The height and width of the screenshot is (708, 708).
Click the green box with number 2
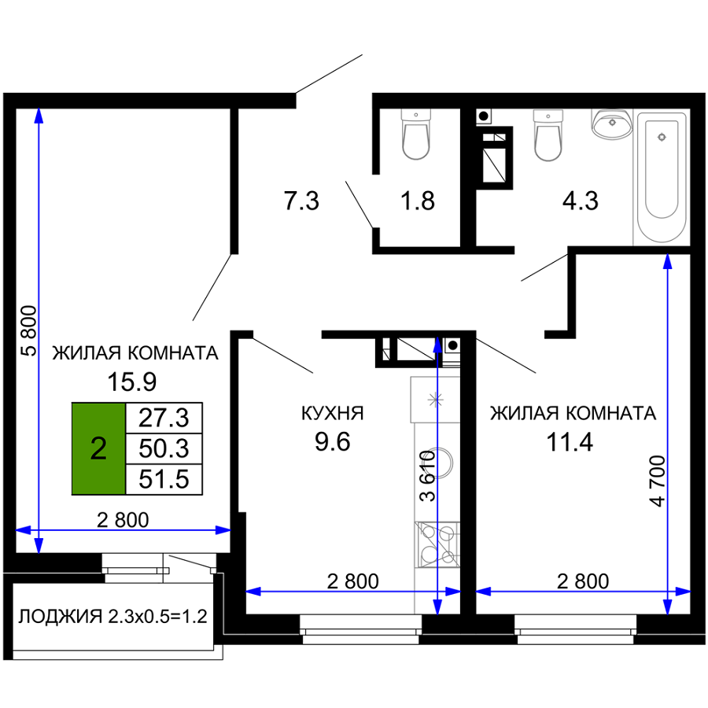[x=98, y=449]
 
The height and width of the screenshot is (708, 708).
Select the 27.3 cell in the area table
[x=164, y=419]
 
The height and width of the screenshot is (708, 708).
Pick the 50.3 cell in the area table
[x=164, y=449]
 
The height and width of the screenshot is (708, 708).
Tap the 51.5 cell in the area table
[x=164, y=480]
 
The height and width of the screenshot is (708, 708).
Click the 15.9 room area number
[x=132, y=382]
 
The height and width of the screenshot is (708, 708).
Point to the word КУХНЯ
[x=332, y=413]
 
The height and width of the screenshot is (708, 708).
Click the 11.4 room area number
[x=570, y=442]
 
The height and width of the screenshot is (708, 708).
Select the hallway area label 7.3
[x=301, y=201]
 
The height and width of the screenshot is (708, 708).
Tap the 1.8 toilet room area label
[x=418, y=201]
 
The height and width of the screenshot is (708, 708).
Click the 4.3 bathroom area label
[x=581, y=201]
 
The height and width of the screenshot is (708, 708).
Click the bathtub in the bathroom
[x=662, y=178]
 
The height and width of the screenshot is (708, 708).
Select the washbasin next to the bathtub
[x=612, y=124]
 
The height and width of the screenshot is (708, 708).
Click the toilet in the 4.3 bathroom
[x=548, y=135]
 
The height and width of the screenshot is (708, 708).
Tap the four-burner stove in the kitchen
[x=437, y=544]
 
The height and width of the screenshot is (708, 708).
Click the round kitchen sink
[x=441, y=462]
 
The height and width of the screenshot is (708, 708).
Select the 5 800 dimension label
[x=29, y=331]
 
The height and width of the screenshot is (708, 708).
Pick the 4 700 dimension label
[x=658, y=481]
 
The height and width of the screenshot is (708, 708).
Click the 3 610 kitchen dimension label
[x=428, y=476]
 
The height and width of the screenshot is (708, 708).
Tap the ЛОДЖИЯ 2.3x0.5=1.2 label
[x=112, y=616]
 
